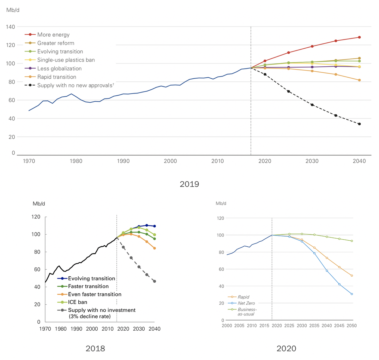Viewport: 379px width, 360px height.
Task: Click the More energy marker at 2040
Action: click(x=359, y=37)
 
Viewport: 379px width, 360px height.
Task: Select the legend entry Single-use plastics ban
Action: click(x=66, y=60)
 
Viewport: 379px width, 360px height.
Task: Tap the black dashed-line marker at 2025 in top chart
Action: click(x=288, y=92)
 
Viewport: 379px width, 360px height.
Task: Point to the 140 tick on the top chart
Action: click(x=10, y=27)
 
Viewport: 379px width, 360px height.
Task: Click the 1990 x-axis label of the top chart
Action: click(x=123, y=161)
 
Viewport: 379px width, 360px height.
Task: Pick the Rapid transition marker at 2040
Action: click(x=359, y=80)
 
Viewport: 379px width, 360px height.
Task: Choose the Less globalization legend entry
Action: click(x=59, y=69)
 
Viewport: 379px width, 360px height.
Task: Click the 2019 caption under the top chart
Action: click(x=189, y=184)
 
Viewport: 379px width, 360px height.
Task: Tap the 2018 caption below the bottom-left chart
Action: click(x=95, y=348)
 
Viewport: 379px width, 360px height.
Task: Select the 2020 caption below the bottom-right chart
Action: click(x=286, y=348)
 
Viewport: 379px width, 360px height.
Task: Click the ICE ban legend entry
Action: click(x=77, y=302)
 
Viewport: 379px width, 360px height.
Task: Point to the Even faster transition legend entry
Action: click(x=94, y=294)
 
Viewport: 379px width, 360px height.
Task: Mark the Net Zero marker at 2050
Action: click(x=352, y=294)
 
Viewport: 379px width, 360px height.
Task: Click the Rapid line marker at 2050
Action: click(x=352, y=276)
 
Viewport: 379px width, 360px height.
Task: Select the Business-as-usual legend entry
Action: click(x=247, y=312)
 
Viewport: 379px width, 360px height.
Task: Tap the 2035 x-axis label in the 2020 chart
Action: click(x=314, y=326)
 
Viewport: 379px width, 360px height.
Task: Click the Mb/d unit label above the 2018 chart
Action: click(x=39, y=204)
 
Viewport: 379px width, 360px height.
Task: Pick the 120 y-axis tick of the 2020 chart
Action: click(x=220, y=218)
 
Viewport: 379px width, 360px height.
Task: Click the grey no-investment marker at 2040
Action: click(x=154, y=281)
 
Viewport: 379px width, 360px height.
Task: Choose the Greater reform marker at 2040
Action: click(x=359, y=58)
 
